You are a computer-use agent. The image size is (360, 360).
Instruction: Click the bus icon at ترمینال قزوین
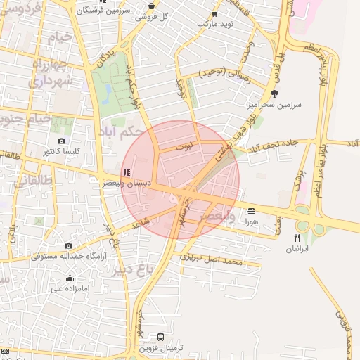161,337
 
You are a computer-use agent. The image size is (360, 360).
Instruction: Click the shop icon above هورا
252,210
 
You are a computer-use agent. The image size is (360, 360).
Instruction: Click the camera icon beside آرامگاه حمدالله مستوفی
68,245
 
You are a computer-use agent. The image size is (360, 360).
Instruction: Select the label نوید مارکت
214,24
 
